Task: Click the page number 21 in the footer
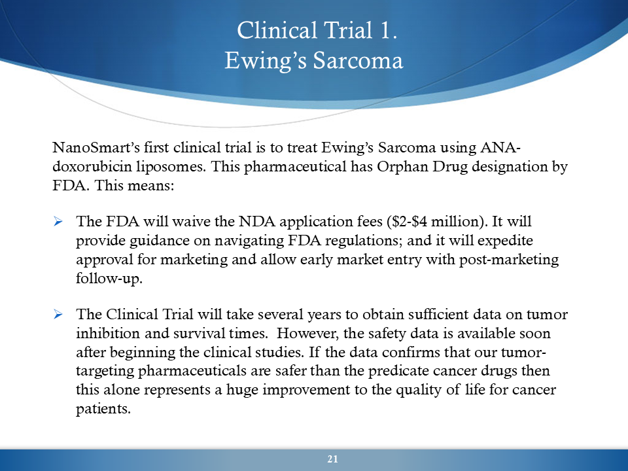[x=332, y=459]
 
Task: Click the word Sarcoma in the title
[x=358, y=60]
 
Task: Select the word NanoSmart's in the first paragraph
[x=96, y=147]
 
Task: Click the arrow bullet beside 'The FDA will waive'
[x=58, y=221]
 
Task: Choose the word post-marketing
[x=509, y=260]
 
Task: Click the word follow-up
[x=109, y=279]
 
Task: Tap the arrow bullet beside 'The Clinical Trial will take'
[x=58, y=314]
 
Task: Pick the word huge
[x=242, y=390]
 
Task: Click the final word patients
[x=103, y=409]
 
